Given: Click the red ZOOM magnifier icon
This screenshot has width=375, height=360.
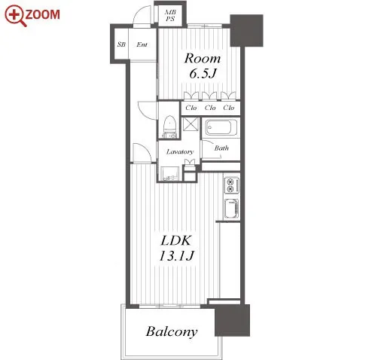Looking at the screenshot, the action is point(16,15).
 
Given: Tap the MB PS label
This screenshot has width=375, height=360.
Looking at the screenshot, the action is point(170,15).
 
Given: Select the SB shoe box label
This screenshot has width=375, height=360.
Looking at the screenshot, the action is point(121,44).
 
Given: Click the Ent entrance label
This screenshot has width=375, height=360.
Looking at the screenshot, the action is point(142,44).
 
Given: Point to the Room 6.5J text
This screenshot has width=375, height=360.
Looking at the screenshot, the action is point(203,66).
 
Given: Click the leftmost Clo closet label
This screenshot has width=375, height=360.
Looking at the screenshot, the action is point(191,108).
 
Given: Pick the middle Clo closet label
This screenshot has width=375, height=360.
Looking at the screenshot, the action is point(210,108).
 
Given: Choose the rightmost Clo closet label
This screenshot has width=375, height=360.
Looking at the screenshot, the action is point(229,108).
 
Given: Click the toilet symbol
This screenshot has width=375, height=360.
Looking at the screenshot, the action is point(169,127).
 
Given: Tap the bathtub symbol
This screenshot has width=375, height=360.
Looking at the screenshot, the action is point(221,127).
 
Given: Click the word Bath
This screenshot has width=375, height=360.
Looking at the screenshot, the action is point(221,148).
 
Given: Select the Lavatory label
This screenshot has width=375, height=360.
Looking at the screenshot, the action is point(180,151).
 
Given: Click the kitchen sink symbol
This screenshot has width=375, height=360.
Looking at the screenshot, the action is point(231,208).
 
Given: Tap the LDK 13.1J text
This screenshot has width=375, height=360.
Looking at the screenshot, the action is point(176,248).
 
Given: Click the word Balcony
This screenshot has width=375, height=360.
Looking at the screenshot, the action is point(172,331).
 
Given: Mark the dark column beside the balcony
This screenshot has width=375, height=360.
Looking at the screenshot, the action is point(232,320).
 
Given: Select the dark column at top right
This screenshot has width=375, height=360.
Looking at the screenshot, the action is point(246,31).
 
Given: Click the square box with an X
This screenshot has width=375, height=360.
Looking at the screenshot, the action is point(191,124).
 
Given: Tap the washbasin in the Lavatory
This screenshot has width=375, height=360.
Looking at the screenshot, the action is point(169,174).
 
